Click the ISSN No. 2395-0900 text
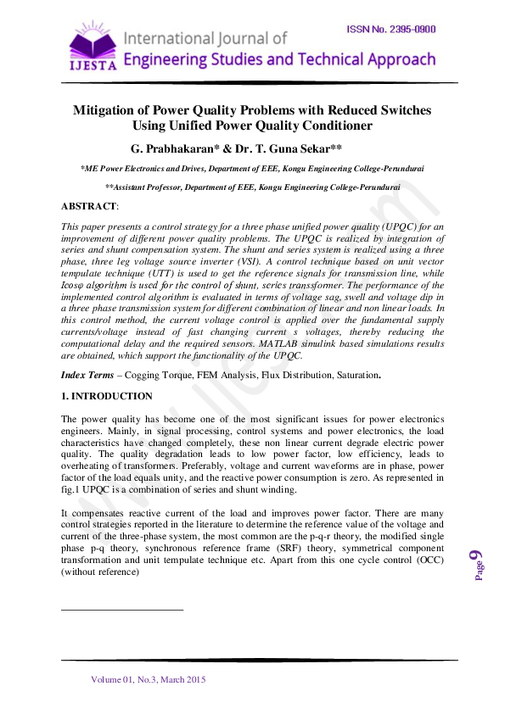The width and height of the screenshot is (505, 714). point(391,30)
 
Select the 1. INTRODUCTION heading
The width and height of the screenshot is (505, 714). point(107,396)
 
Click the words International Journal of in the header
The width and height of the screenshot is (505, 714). point(206,38)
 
